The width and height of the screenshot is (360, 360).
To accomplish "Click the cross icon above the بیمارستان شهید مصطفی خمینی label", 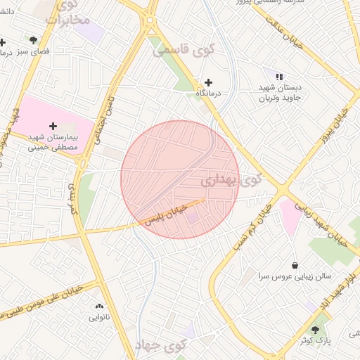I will [53, 125].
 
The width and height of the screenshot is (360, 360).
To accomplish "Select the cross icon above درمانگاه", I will [208, 82].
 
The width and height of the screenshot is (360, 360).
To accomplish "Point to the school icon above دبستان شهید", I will [279, 77].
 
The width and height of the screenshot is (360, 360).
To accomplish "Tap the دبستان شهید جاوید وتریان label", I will [279, 94].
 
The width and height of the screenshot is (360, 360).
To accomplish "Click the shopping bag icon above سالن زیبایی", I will [294, 265].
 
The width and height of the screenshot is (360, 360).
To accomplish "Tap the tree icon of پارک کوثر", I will [315, 328].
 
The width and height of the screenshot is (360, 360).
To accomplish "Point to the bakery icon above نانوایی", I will [98, 306].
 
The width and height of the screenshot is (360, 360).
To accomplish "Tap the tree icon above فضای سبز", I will [33, 40].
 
